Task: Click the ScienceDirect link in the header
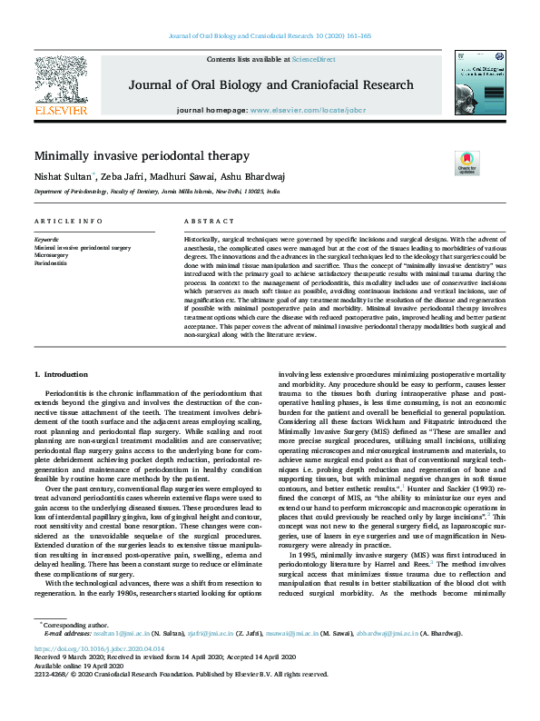pyautogui.click(x=313, y=59)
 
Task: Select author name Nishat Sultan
pyautogui.click(x=60, y=176)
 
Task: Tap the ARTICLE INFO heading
pyautogui.click(x=68, y=222)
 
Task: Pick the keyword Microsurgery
pyautogui.click(x=53, y=254)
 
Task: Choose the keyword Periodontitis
pyautogui.click(x=52, y=262)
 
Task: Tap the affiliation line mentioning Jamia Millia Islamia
pyautogui.click(x=157, y=193)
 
